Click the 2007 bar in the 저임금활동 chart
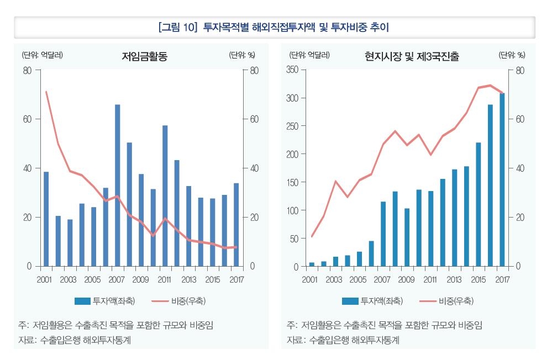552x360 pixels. (x=117, y=185)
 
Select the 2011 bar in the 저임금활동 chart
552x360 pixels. (x=165, y=195)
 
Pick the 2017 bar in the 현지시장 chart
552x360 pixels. (x=502, y=179)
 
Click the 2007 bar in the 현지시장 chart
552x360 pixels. (x=383, y=234)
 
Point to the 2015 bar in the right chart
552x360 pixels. (x=479, y=204)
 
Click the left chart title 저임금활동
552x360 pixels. (x=144, y=56)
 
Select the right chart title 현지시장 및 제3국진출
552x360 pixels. (x=412, y=56)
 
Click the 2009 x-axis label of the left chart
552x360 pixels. (x=141, y=279)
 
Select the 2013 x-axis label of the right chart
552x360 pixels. (x=454, y=279)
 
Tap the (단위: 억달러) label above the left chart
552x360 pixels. (x=42, y=55)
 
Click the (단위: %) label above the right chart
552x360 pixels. (x=512, y=55)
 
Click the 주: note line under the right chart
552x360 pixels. (x=384, y=325)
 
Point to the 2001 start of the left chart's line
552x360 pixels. (x=46, y=92)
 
